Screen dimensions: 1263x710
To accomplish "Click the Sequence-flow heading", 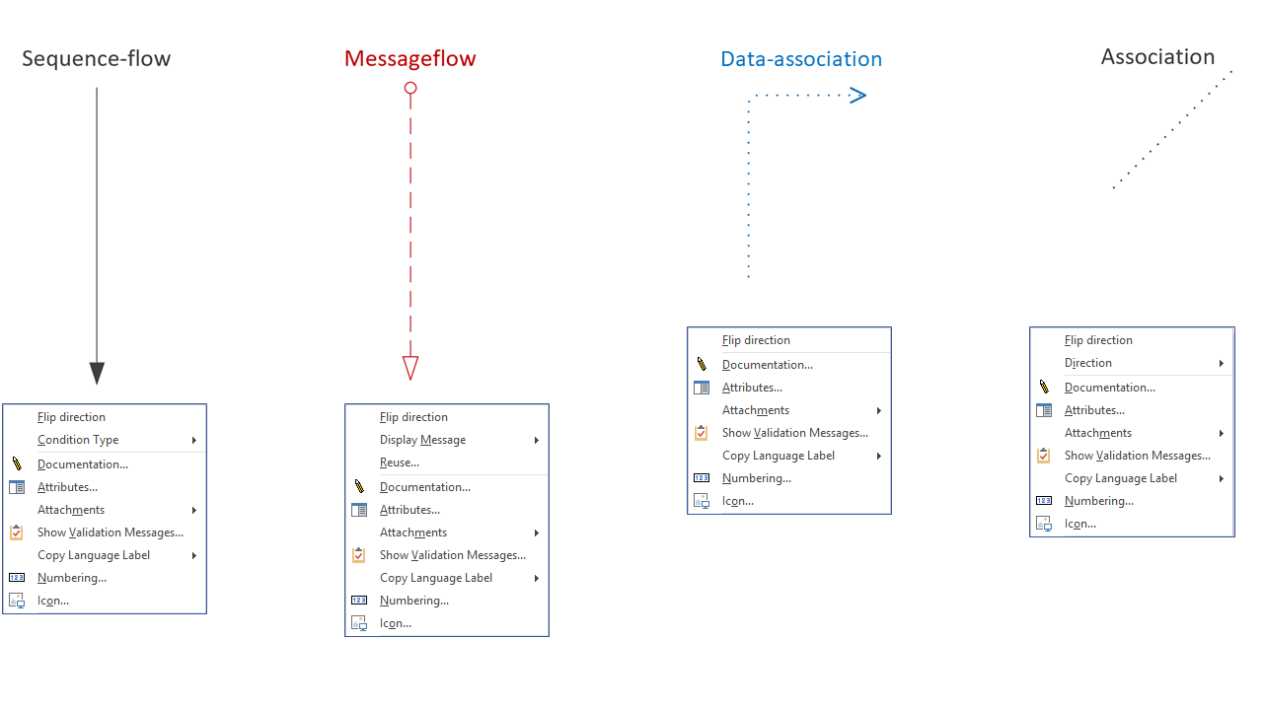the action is click(97, 58).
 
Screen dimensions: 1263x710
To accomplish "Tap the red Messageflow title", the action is click(409, 58).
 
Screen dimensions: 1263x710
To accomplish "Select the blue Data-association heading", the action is click(801, 59).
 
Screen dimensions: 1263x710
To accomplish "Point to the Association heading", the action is click(1157, 57).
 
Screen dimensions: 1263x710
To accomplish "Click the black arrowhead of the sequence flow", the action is click(97, 373).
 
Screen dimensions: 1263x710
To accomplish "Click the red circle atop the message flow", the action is click(410, 88).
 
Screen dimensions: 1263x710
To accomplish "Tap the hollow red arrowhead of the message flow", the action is click(410, 368).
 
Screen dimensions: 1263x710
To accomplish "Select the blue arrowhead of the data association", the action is click(857, 96).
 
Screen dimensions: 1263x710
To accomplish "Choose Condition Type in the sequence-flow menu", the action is click(78, 440).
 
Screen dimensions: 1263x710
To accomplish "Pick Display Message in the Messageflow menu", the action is click(423, 440).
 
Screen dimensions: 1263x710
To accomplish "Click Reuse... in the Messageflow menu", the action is click(400, 462).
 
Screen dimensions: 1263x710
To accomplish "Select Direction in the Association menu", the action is click(1088, 363).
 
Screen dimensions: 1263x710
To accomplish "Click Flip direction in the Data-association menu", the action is click(756, 340).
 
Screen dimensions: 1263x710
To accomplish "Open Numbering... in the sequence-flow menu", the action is click(72, 578).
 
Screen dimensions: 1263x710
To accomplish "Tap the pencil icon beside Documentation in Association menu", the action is click(1044, 387).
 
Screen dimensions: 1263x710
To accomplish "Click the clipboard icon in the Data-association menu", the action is click(701, 432).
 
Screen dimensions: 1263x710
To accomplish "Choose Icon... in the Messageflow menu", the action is click(396, 623).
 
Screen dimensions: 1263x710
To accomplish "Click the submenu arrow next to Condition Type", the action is click(194, 440).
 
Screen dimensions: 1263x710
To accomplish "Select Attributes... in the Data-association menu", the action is click(752, 388).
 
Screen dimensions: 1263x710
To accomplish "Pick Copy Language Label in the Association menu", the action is click(1120, 478).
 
